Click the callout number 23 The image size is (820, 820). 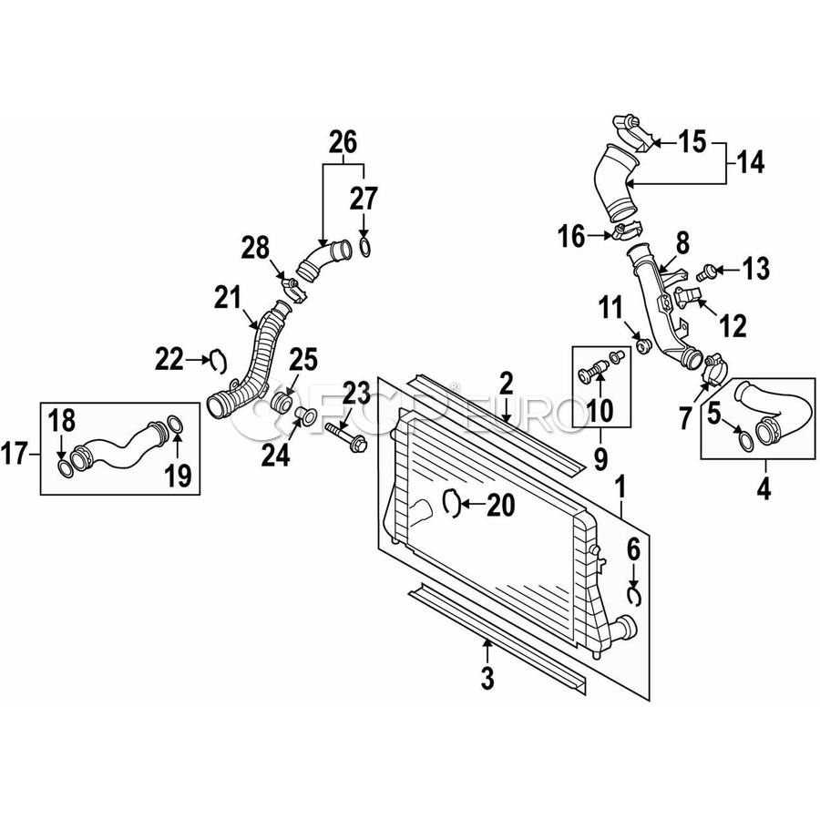click(356, 394)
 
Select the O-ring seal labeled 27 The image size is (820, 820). click(365, 247)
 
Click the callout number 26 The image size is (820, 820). click(343, 141)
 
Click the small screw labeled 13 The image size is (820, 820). click(706, 272)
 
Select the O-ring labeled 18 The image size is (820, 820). click(65, 469)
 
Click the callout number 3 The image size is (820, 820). click(487, 678)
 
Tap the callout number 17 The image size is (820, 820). click(14, 453)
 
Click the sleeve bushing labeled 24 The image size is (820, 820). click(306, 415)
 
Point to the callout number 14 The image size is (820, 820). click(752, 163)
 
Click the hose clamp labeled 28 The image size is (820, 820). click(292, 291)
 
